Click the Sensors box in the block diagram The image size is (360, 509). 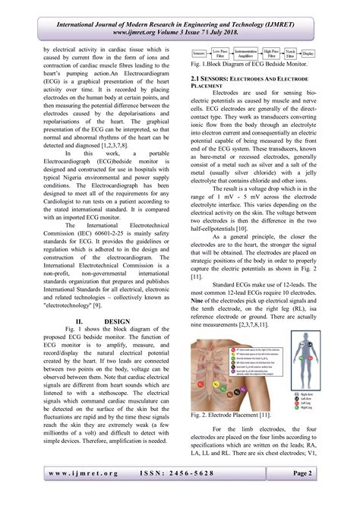coord(198,55)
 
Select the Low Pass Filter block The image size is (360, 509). coord(223,55)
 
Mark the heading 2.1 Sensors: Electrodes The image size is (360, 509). coord(238,78)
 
